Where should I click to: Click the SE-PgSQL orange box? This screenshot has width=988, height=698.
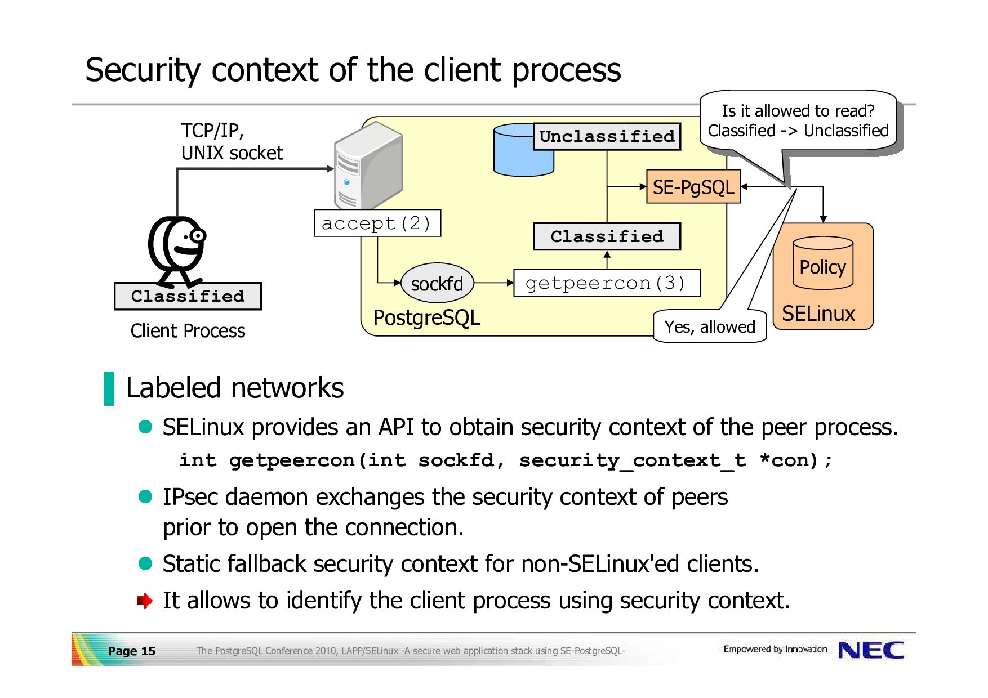pyautogui.click(x=693, y=187)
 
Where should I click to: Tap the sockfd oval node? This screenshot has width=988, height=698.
pyautogui.click(x=437, y=283)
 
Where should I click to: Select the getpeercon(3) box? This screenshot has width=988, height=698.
pyautogui.click(x=607, y=283)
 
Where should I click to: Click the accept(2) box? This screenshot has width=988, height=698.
pyautogui.click(x=377, y=223)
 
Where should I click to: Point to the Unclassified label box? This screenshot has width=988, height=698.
pyautogui.click(x=607, y=137)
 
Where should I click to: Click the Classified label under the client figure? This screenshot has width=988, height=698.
pyautogui.click(x=188, y=296)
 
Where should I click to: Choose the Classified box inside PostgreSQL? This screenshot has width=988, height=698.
pyautogui.click(x=607, y=236)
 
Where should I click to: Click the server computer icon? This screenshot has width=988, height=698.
pyautogui.click(x=368, y=166)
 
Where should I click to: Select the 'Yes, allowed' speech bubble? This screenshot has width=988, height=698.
pyautogui.click(x=710, y=326)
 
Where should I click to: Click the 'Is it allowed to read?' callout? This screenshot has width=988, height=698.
pyautogui.click(x=798, y=120)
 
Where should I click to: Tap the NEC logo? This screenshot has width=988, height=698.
pyautogui.click(x=871, y=650)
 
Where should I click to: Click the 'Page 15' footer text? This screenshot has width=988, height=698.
pyautogui.click(x=131, y=651)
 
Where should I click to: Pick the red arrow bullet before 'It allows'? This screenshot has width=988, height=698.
pyautogui.click(x=145, y=601)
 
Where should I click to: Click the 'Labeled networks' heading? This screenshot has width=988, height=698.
pyautogui.click(x=234, y=388)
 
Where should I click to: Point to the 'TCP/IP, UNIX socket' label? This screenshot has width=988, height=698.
pyautogui.click(x=231, y=142)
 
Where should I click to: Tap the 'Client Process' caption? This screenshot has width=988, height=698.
pyautogui.click(x=188, y=331)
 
